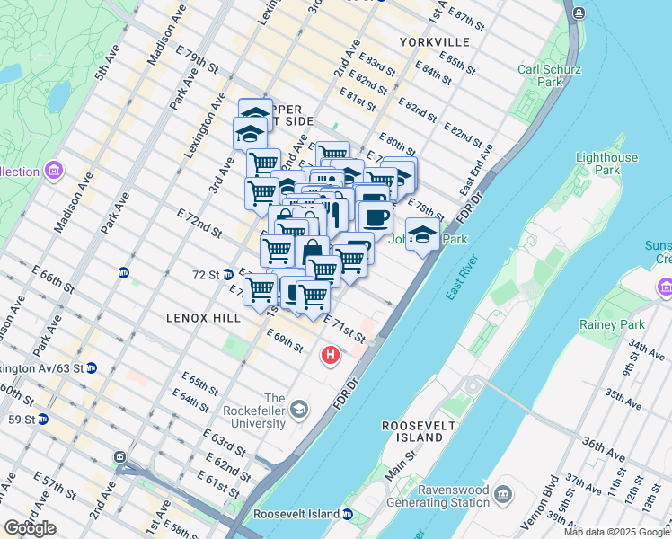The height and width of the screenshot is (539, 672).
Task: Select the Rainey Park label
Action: [x=626, y=324]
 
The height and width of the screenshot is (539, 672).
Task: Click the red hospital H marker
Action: [x=331, y=357]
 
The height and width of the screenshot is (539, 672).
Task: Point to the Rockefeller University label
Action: [x=263, y=411]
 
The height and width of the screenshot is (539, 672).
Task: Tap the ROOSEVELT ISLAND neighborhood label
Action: [x=413, y=430]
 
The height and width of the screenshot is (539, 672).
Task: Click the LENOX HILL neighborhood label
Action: [x=202, y=318]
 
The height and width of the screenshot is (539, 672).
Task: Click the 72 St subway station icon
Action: [x=228, y=274]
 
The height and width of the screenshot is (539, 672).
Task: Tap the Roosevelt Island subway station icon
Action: [x=347, y=514]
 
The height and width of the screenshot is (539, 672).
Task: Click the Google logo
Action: [x=30, y=528]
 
